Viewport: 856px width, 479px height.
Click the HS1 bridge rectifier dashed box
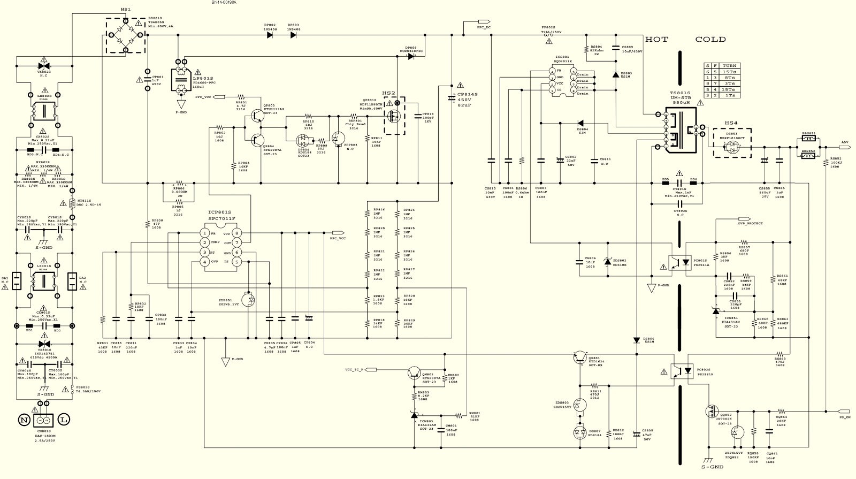point(126,35)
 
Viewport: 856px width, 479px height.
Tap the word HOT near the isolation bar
point(656,40)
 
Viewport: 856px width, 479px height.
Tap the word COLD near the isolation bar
point(710,40)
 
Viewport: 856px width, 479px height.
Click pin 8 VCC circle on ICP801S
point(236,233)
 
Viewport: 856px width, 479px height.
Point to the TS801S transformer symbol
point(680,130)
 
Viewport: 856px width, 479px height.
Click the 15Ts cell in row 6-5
point(729,72)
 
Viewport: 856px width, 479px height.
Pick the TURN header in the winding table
point(729,66)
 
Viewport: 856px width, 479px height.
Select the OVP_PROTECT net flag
point(745,218)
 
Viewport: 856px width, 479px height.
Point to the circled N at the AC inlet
point(24,420)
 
